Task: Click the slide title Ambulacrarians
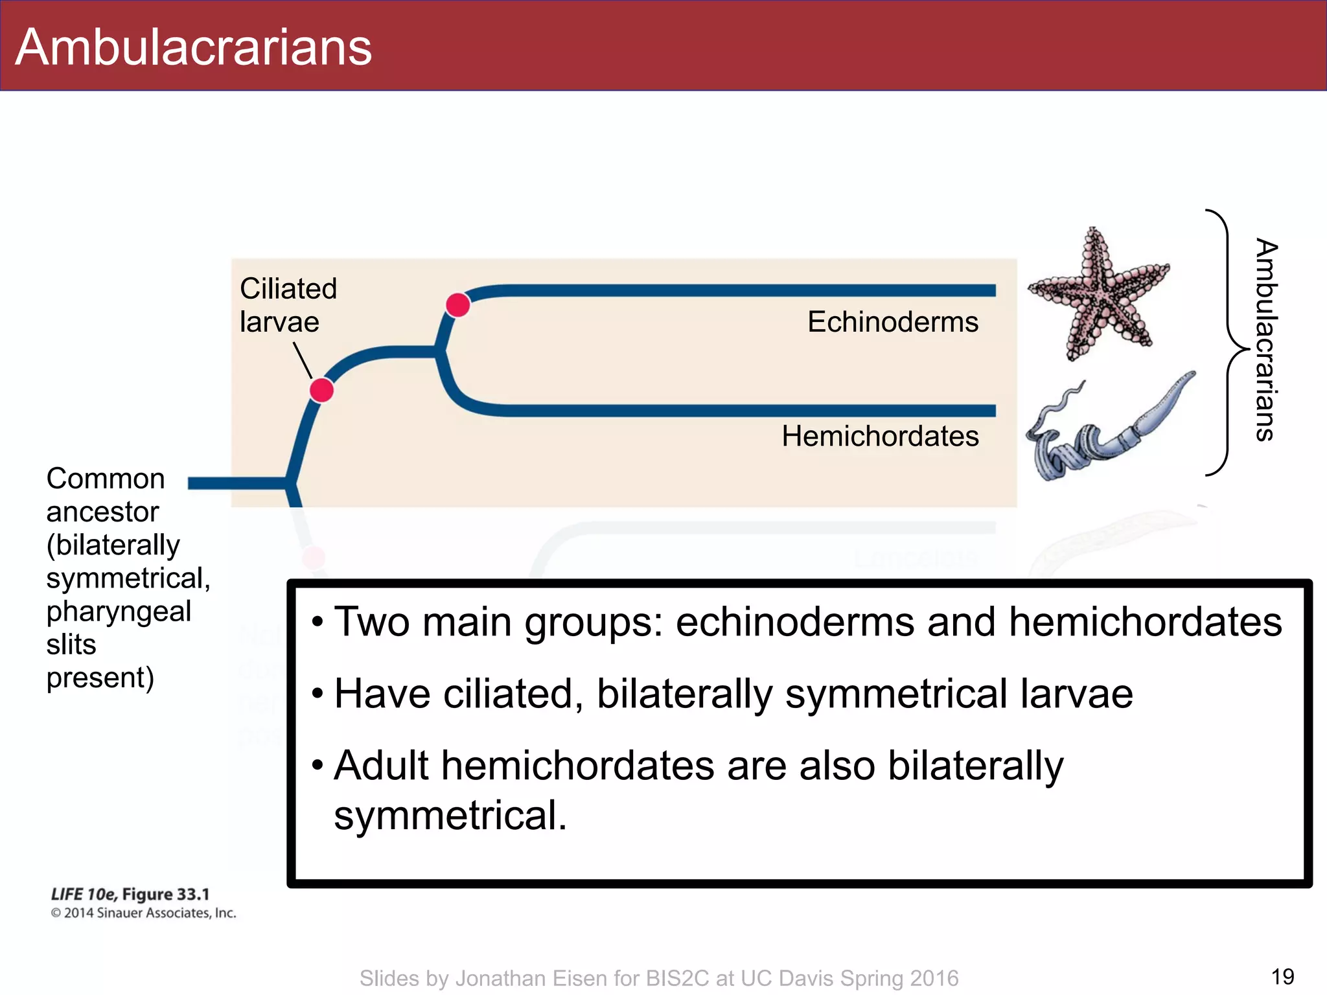(193, 47)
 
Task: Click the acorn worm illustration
(1108, 431)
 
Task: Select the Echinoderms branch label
(892, 322)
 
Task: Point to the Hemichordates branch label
(880, 436)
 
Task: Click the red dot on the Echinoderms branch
(458, 304)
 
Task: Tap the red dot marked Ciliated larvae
(321, 391)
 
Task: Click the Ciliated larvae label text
(288, 305)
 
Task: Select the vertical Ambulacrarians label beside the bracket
(1265, 340)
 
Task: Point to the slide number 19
(1282, 976)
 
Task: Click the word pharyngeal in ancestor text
(119, 612)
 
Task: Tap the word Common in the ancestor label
(106, 479)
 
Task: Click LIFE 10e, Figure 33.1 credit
(130, 894)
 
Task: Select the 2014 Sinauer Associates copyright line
(143, 913)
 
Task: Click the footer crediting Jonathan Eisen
(658, 978)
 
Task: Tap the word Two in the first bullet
(371, 622)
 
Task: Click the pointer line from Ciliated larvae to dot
(303, 360)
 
